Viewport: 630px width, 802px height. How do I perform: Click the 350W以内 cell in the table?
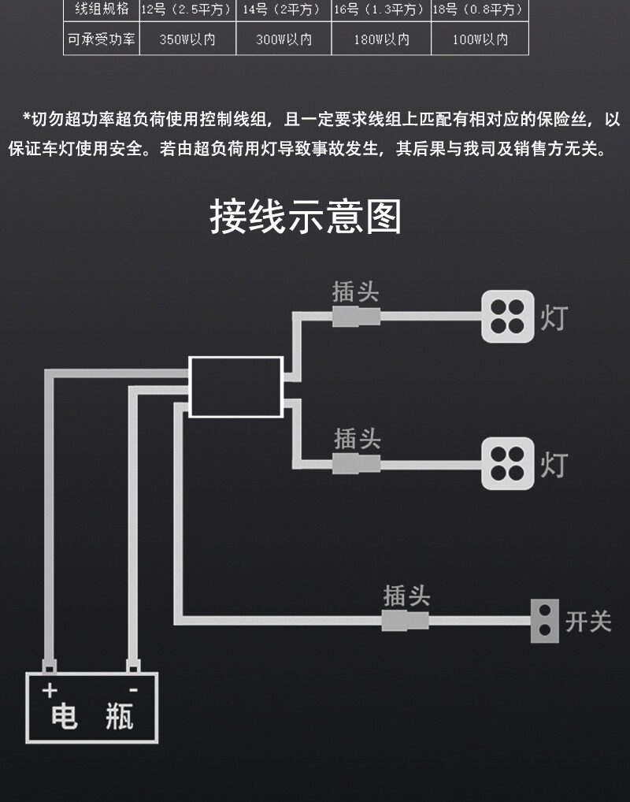(187, 39)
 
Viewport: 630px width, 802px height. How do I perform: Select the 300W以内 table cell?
(283, 39)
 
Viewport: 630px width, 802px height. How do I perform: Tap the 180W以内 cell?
(381, 39)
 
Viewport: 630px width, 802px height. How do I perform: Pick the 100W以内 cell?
(480, 39)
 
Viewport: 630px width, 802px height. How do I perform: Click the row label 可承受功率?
(102, 39)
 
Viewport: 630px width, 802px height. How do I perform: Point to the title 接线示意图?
(306, 217)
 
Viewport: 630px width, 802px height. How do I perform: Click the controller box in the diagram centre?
(235, 387)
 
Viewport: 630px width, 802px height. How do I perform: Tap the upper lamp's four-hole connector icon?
(508, 317)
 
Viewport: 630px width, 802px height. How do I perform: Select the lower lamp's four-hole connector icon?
(508, 463)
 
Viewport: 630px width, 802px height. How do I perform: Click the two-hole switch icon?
(545, 621)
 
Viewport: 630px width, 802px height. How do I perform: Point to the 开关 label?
(588, 622)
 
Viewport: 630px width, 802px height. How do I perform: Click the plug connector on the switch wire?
(405, 621)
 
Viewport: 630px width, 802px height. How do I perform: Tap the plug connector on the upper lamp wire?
(356, 317)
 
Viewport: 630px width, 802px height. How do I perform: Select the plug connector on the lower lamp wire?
(356, 464)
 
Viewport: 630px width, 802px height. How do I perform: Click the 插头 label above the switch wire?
(406, 596)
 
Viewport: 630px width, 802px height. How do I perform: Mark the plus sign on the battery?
(50, 690)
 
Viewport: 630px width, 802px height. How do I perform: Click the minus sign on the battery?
(133, 690)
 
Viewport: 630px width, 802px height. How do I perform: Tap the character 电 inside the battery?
(65, 716)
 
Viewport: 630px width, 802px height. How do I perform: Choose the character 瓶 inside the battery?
(120, 716)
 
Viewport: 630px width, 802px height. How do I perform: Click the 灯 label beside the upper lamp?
(554, 317)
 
